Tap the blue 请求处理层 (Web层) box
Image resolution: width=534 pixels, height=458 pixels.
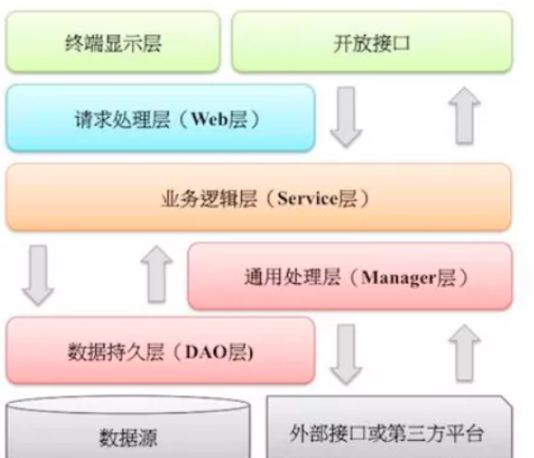tap(159, 118)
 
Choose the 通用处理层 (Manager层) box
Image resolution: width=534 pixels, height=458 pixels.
tap(349, 277)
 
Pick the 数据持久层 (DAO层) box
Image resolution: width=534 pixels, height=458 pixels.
tap(159, 351)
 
